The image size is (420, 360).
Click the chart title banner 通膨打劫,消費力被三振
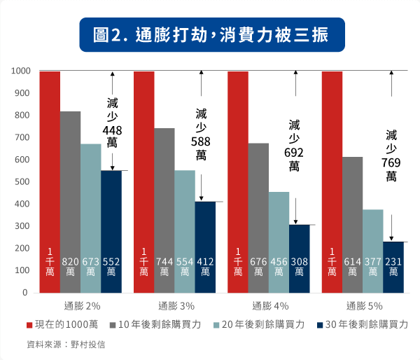point(209,34)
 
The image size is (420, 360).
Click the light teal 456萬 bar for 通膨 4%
point(279,238)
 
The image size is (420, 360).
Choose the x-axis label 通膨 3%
point(175,305)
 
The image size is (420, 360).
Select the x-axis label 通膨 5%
point(363,305)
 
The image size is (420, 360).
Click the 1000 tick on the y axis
point(20,71)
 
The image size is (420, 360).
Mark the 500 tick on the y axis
point(22,182)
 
